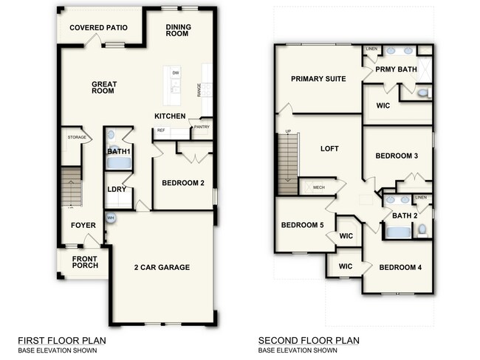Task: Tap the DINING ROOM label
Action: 179,31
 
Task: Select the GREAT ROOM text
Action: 105,89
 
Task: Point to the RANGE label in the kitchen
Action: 199,89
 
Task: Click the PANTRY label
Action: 202,127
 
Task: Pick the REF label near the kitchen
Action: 160,131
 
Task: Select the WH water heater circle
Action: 111,218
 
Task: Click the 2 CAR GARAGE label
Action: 162,267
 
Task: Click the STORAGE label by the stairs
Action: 78,137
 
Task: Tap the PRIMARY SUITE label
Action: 318,79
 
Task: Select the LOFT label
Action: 329,148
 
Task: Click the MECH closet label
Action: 319,187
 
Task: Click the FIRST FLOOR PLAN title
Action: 61,340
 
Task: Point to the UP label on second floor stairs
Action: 287,133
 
